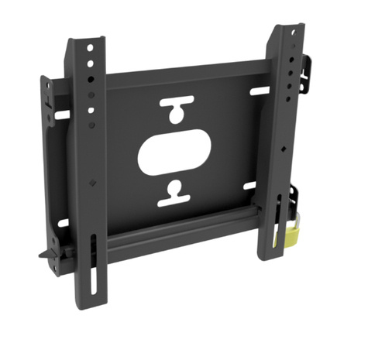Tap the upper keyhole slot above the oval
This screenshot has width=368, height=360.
[175, 108]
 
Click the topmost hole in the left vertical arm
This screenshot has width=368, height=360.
[90, 48]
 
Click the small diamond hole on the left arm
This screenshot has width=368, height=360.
[92, 183]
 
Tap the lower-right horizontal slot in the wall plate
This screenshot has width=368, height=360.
[249, 185]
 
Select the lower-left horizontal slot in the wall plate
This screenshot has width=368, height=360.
[62, 222]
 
